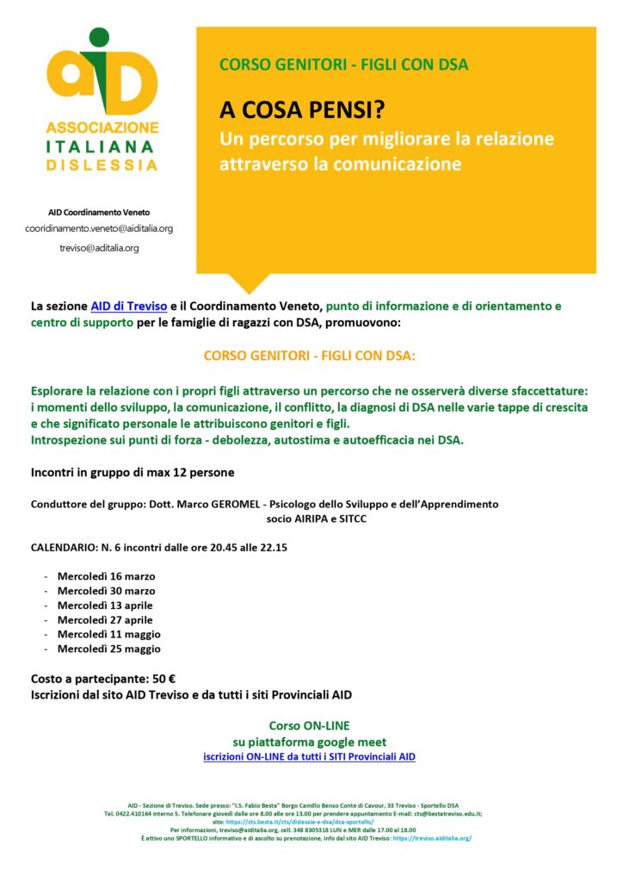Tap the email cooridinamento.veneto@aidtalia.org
coord(99,228)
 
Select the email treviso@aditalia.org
coord(99,247)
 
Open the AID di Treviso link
coord(129,306)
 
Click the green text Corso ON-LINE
coord(309,726)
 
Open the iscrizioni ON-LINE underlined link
coord(309,756)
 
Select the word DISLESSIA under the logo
coord(102,164)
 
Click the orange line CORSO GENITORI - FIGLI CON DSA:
coord(309,355)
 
